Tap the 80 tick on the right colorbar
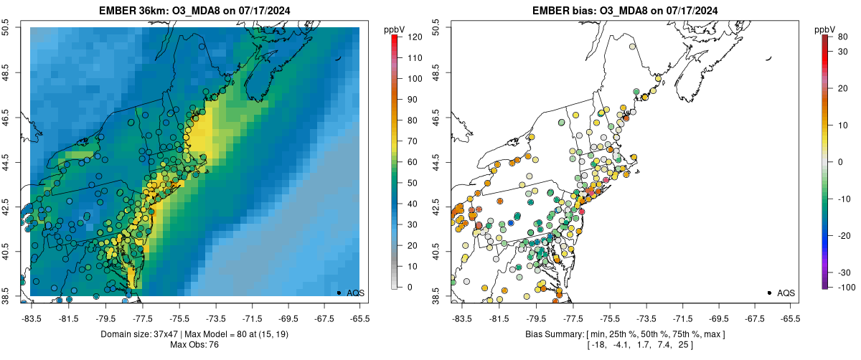point(842,36)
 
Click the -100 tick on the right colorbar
point(845,287)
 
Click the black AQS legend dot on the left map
point(339,293)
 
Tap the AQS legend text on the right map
point(786,293)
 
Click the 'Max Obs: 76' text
point(195,344)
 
